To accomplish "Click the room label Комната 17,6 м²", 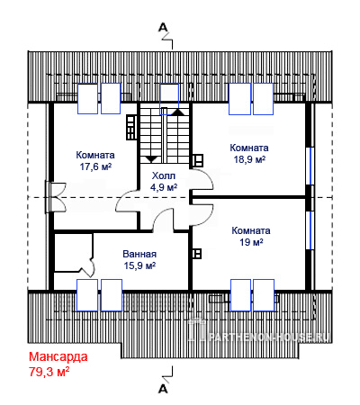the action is click(95, 161).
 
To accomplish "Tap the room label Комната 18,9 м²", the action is click(249, 154).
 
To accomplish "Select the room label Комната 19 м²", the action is click(251, 237).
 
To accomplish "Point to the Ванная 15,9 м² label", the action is click(139, 260).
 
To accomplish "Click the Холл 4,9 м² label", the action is click(164, 182).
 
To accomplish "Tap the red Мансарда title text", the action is click(58, 356).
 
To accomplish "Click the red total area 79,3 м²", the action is click(49, 372).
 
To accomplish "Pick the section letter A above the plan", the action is click(163, 28).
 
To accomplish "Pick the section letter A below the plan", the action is click(163, 389).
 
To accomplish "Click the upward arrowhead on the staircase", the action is click(178, 112).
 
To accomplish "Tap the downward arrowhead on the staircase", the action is click(151, 159).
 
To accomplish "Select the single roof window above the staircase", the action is click(169, 95).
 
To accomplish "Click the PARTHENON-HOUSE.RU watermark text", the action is click(268, 337).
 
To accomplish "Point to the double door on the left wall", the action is click(56, 197).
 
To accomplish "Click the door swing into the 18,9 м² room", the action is click(202, 179).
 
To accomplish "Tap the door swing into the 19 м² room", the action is click(202, 214).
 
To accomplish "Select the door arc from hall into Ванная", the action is click(164, 220).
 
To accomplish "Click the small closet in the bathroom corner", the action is click(74, 253).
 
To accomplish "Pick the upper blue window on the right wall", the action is click(310, 166).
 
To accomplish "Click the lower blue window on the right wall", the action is click(310, 230).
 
